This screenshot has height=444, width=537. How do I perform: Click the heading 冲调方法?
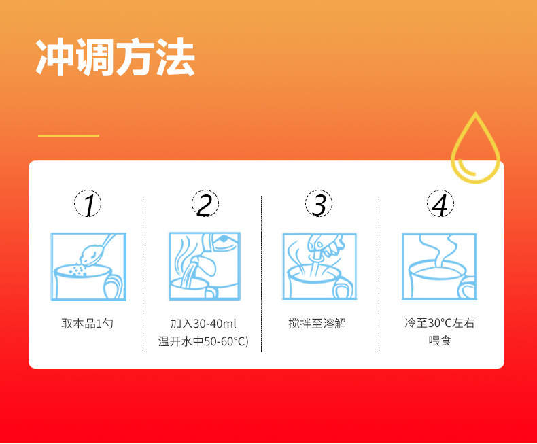click(x=115, y=58)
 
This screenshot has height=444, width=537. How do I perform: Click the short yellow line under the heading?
click(x=68, y=135)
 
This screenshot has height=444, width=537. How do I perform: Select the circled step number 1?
click(x=88, y=204)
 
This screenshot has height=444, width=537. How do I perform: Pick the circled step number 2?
click(x=205, y=204)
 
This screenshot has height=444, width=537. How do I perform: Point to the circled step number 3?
click(x=318, y=204)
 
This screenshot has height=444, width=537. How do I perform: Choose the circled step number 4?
click(x=440, y=204)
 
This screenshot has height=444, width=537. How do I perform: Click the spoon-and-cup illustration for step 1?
click(x=88, y=267)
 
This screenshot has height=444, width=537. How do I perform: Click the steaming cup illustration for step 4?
click(x=438, y=267)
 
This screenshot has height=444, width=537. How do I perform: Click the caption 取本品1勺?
click(x=87, y=324)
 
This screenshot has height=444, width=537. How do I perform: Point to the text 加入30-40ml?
click(x=204, y=324)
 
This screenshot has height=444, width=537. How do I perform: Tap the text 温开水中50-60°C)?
click(x=204, y=341)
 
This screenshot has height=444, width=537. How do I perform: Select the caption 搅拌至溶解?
click(x=317, y=324)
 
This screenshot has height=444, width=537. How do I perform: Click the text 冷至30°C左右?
click(x=439, y=323)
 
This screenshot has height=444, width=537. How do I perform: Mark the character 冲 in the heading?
click(x=54, y=58)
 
